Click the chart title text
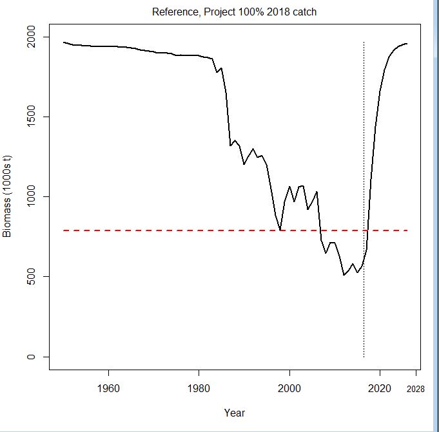point(234,12)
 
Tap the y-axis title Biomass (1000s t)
point(8,196)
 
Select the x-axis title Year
point(234,413)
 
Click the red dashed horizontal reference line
point(193,230)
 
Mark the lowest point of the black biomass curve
point(344,275)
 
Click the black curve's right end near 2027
point(407,44)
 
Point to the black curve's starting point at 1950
point(64,42)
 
